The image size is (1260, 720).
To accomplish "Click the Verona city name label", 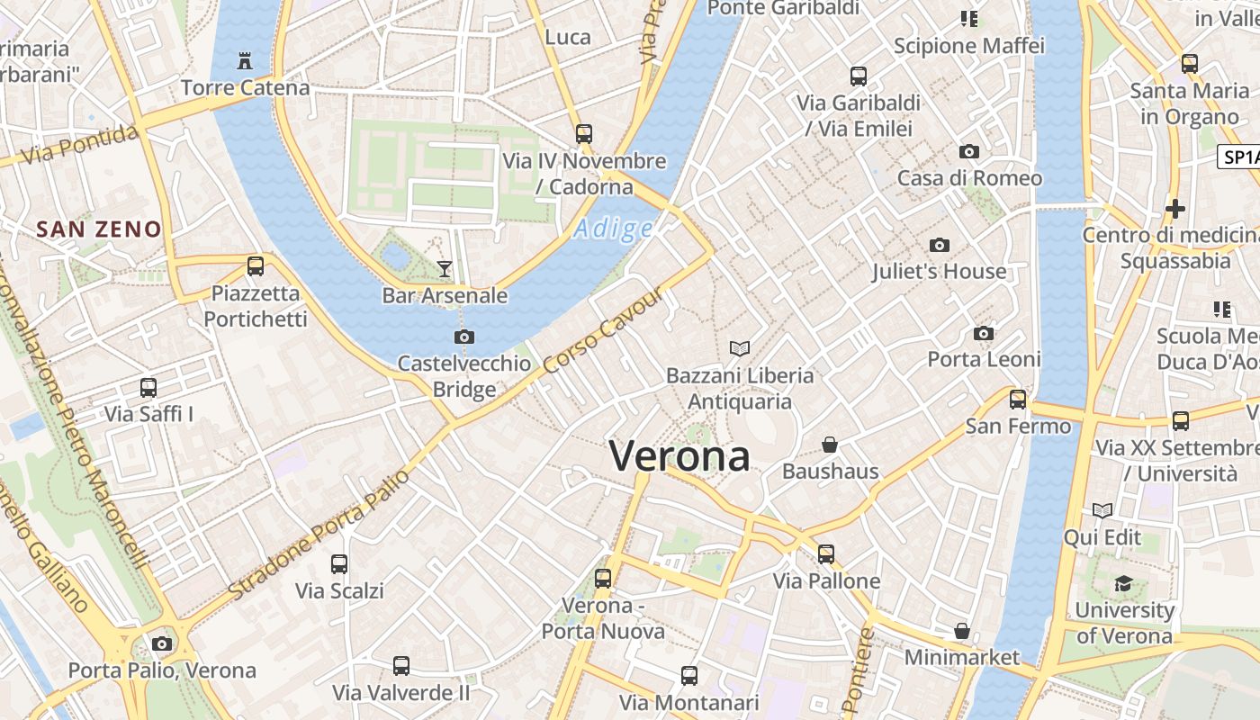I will [679, 456].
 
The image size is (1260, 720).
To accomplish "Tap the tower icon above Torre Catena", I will [244, 61].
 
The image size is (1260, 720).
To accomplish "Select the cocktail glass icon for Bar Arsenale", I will [445, 268].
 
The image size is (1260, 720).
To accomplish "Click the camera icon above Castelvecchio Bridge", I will [464, 337].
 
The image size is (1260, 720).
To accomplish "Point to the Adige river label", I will [613, 229].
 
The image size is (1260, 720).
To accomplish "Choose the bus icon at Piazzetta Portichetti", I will [256, 266].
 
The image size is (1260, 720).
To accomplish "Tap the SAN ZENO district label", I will [99, 229].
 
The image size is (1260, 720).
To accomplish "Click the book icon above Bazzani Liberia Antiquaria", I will [740, 348].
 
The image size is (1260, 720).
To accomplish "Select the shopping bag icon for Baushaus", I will [830, 445].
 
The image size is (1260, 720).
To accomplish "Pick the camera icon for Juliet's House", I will [940, 245].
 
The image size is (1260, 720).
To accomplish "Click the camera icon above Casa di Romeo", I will [969, 151].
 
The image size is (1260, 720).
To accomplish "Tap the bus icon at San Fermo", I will [1018, 399].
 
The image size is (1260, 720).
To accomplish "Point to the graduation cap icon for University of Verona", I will [1122, 583].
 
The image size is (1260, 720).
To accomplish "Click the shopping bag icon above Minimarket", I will [962, 631].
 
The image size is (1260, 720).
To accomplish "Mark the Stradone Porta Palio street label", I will [319, 535].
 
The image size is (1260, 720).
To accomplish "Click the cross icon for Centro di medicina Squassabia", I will [1174, 209].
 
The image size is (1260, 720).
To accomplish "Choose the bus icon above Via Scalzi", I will [339, 564].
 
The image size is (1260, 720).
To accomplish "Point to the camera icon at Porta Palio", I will [162, 643].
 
